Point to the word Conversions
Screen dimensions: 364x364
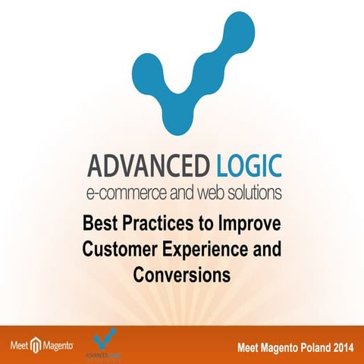click(x=182, y=274)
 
